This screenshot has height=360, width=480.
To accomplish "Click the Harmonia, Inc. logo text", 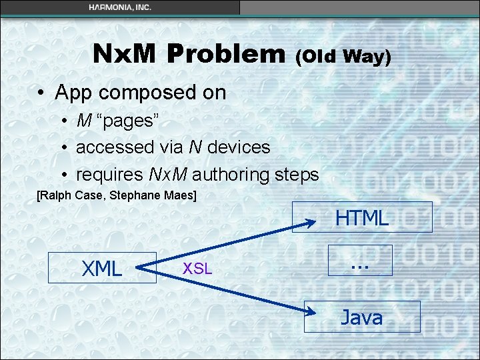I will point(120,7).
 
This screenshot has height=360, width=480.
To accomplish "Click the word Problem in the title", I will point(227,54).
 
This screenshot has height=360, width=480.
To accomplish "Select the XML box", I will point(102,268).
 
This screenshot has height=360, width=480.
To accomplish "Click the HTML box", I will point(361,217).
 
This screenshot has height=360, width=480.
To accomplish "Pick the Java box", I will point(361,317).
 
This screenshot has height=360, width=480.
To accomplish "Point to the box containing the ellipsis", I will point(360,260).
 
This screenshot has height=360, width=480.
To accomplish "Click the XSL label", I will point(197,269).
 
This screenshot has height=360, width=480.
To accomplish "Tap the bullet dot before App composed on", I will point(41,93).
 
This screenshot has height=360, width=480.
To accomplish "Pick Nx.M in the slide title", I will point(126,54).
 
